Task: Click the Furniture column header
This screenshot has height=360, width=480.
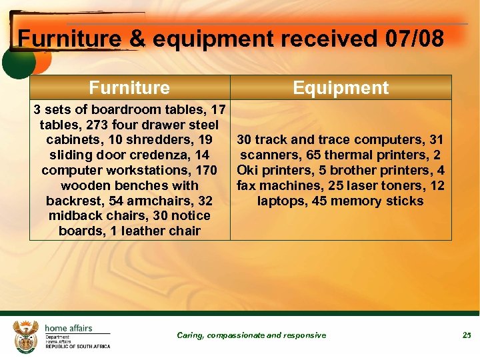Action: point(129,87)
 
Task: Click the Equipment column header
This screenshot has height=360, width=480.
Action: point(341,87)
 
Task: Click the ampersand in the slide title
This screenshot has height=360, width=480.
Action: point(137,39)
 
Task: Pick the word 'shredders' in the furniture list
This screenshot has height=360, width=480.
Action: point(166,140)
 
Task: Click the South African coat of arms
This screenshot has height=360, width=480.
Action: point(27,335)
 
